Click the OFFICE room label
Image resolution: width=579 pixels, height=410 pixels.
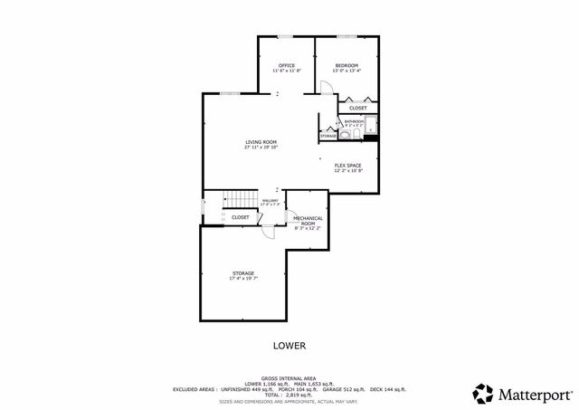287,65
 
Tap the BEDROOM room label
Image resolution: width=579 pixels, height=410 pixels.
346,65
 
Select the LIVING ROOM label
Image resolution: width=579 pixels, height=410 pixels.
261,142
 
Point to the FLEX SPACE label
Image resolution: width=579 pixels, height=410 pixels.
348,165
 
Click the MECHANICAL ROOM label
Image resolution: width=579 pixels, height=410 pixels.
308,220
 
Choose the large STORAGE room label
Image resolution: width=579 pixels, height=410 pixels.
242,273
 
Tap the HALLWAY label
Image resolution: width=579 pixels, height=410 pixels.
270,201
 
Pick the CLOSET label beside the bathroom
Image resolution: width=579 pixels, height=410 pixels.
358,109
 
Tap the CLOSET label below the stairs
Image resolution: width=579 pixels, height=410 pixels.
241,217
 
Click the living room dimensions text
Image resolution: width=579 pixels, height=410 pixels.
261,148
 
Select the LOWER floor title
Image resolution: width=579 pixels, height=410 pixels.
289,346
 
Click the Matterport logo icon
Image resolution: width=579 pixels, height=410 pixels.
483,394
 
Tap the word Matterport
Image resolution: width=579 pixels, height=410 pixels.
535,394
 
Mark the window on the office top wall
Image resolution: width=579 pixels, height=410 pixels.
285,36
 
